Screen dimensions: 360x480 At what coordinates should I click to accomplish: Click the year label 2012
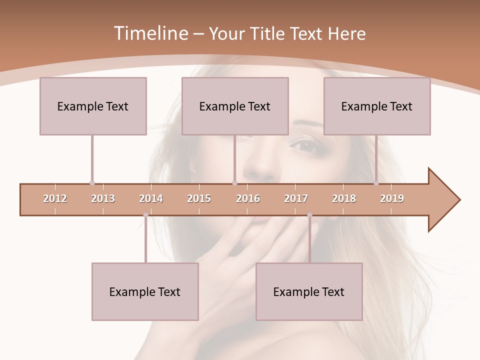tap(55, 198)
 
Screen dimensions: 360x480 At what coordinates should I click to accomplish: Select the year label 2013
tap(103, 198)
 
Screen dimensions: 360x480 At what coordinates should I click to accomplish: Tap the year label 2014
tap(151, 198)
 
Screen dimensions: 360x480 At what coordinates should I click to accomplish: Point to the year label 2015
tap(199, 198)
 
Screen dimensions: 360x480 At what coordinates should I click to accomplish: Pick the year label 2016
tap(248, 198)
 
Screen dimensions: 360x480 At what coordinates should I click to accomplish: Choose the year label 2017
tap(296, 198)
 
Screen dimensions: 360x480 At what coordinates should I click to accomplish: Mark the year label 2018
tap(344, 198)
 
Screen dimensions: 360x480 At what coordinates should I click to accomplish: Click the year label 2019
tap(392, 198)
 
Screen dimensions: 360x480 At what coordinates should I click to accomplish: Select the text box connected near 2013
tap(93, 106)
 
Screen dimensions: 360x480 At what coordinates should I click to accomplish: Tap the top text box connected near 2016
tap(235, 106)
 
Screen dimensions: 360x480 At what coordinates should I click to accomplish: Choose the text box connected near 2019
tap(377, 106)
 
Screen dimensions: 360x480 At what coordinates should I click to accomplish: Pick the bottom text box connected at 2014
tap(145, 291)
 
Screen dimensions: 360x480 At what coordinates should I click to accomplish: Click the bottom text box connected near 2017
tap(309, 291)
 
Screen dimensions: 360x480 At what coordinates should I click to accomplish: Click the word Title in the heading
tap(268, 33)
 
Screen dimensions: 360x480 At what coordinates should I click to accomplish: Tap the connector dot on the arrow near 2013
tap(92, 183)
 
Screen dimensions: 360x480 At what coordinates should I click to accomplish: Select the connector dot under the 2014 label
tap(145, 215)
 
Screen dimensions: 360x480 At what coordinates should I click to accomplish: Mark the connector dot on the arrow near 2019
tap(376, 183)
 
